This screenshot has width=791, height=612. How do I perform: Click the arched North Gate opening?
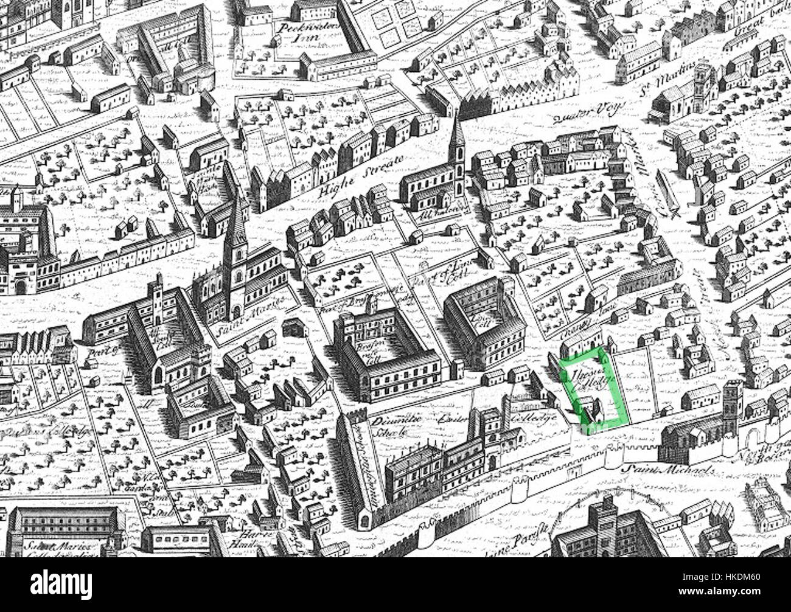coord(756,439)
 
